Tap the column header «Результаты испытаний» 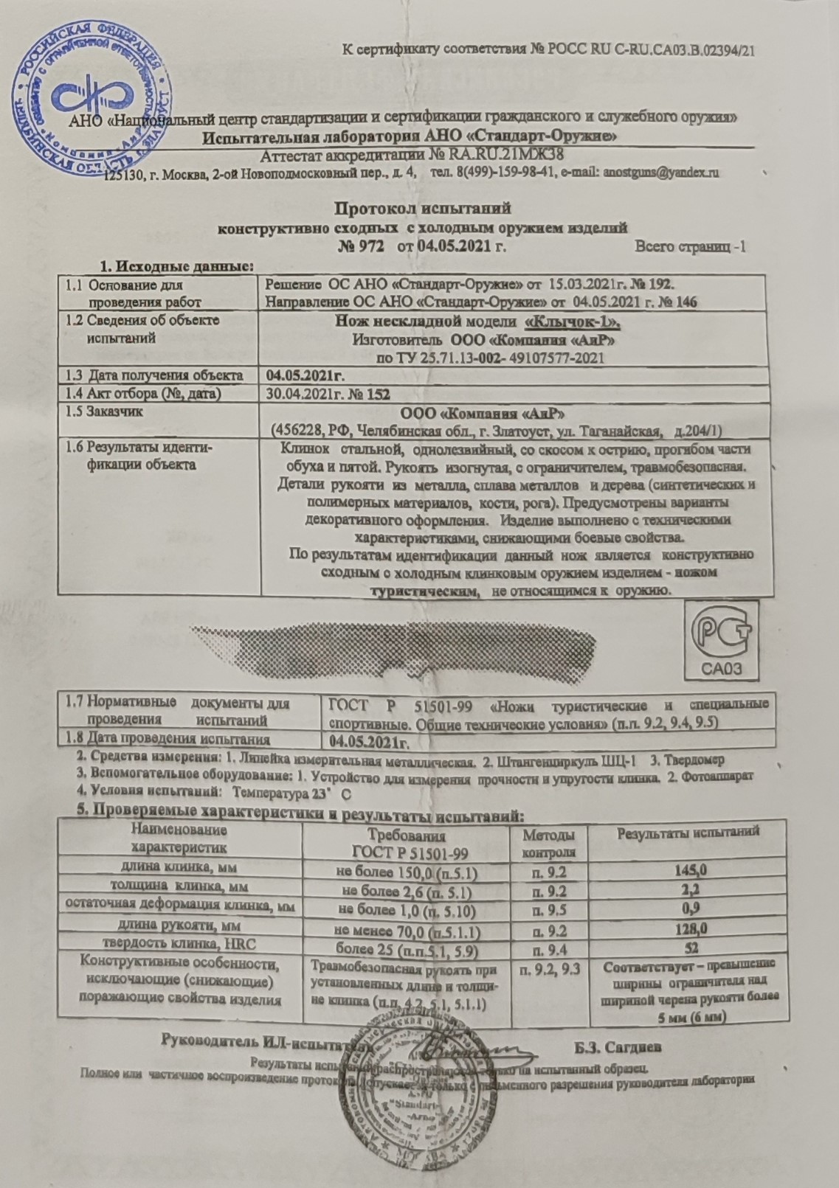pyautogui.click(x=688, y=833)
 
